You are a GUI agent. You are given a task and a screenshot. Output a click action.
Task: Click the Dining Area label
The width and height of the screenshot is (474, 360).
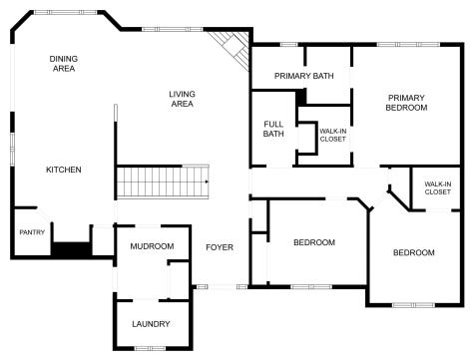pos(64,64)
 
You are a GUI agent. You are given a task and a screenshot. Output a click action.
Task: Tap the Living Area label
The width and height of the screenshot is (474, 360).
pos(182,99)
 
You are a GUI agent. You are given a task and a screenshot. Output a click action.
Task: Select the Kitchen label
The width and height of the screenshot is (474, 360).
pos(64,170)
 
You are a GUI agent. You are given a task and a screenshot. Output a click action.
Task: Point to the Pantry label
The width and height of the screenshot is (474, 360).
pos(32,232)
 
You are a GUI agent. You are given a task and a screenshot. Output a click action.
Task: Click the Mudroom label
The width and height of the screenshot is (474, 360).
pos(152,246)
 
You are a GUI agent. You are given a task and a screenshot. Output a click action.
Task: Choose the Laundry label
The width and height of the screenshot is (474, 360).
pos(151,324)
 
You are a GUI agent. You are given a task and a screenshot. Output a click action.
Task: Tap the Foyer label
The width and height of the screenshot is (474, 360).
pos(220,247)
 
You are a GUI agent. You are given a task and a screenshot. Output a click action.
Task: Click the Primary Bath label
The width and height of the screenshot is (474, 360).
pos(304,76)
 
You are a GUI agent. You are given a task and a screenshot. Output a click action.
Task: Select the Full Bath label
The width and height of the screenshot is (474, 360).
pos(273,129)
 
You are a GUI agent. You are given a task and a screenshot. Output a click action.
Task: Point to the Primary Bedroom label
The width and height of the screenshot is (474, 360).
pos(406,103)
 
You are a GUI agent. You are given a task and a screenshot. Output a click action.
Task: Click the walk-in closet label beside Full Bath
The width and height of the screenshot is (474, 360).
pos(333,135)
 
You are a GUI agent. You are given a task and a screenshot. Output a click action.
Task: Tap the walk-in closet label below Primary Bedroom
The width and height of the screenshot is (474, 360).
pos(438,187)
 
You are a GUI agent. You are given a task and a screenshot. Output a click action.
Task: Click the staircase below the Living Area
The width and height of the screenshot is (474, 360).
pos(163,181)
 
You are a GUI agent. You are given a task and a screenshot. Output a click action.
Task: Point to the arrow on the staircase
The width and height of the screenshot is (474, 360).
pos(207,181)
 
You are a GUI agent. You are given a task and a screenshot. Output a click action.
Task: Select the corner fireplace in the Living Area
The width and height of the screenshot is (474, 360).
pos(230,49)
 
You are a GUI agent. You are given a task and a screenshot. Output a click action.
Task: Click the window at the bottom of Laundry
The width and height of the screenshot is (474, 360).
pos(150,348)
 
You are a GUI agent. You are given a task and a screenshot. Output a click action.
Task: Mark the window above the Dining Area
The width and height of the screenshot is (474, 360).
pos(66,12)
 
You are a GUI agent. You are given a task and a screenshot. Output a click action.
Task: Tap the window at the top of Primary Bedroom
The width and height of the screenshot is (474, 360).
pos(408,44)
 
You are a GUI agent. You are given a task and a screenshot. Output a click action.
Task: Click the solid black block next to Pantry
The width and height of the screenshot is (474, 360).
pos(71,249)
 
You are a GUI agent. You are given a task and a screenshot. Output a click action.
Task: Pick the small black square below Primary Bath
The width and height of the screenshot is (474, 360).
pos(301,97)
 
